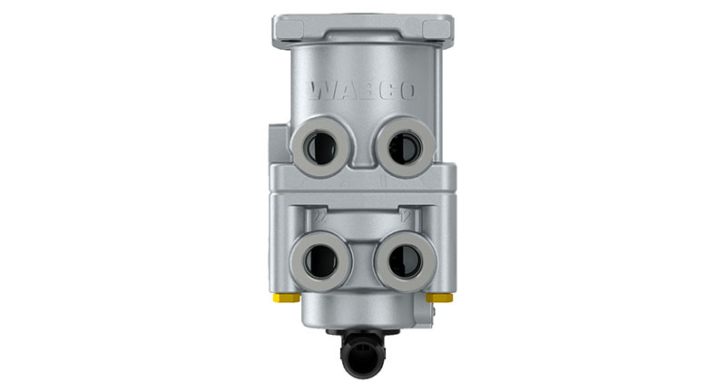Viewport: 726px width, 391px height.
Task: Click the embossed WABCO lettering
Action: pos(361,92)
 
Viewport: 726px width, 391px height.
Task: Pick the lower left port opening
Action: pos(321,258)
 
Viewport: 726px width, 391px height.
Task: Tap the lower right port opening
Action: pos(401,258)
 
